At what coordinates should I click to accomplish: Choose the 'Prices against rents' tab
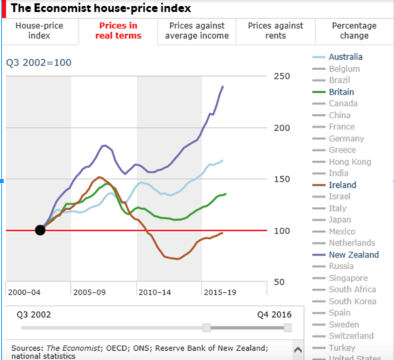pyautogui.click(x=276, y=31)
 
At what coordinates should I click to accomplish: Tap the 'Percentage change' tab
pyautogui.click(x=354, y=31)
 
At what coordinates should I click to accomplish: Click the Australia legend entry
pyautogui.click(x=345, y=56)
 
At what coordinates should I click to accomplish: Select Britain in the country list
pyautogui.click(x=342, y=92)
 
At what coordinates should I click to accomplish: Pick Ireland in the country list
pyautogui.click(x=342, y=185)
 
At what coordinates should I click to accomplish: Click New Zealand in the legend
pyautogui.click(x=353, y=255)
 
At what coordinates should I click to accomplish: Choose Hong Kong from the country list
pyautogui.click(x=350, y=162)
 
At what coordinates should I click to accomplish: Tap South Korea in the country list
pyautogui.click(x=353, y=302)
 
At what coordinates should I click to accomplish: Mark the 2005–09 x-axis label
pyautogui.click(x=89, y=291)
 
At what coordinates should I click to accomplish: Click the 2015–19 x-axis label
pyautogui.click(x=220, y=291)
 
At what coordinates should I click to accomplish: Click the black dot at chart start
pyautogui.click(x=40, y=230)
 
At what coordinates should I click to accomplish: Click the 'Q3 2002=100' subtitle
pyautogui.click(x=39, y=63)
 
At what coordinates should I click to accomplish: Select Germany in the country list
pyautogui.click(x=346, y=139)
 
